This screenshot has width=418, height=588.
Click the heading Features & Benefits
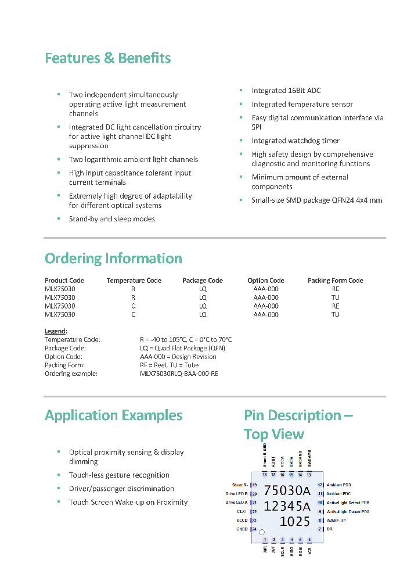108,58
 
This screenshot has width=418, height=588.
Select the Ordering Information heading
113,259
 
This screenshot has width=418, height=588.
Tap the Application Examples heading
113,415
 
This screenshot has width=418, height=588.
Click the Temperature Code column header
134,281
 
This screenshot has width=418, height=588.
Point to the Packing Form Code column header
335,281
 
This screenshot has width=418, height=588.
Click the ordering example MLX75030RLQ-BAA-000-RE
179,374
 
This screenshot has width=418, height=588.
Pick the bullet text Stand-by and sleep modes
111,219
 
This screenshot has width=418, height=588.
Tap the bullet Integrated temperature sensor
302,105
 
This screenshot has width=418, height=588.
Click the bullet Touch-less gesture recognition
119,475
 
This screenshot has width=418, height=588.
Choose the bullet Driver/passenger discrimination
121,489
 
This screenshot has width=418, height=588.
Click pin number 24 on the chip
254,529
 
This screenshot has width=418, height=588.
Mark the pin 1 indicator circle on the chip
262,532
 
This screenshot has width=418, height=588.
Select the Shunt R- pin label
240,485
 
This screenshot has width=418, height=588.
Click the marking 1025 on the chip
295,521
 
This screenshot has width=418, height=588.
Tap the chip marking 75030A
287,491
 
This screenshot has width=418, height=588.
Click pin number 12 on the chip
320,485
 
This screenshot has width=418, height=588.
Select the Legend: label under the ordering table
56,331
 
